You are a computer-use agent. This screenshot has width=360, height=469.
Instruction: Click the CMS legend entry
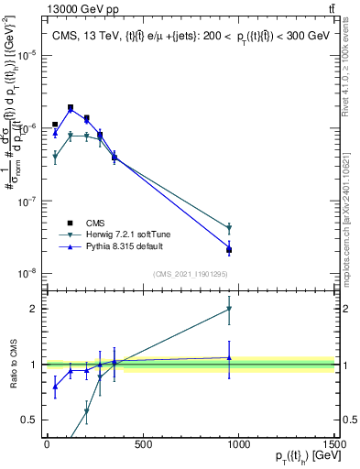click(94, 223)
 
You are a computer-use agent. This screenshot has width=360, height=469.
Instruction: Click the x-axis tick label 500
click(142, 444)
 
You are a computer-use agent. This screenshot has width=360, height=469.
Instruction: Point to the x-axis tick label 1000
click(238, 444)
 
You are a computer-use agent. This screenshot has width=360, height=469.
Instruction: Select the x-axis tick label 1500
click(334, 444)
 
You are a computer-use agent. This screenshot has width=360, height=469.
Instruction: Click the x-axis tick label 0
click(46, 444)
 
